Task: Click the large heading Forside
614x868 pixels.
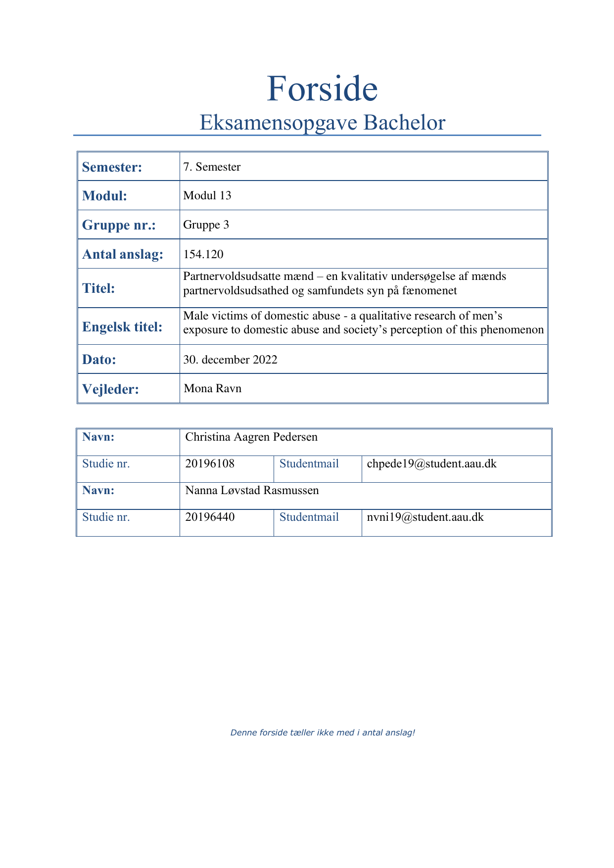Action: pyautogui.click(x=322, y=89)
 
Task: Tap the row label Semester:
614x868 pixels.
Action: pyautogui.click(x=112, y=167)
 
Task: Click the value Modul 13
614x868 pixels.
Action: pyautogui.click(x=207, y=195)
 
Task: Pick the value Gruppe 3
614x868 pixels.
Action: pyautogui.click(x=206, y=225)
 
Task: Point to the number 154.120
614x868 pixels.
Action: pyautogui.click(x=203, y=254)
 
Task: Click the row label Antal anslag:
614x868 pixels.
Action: pyautogui.click(x=123, y=254)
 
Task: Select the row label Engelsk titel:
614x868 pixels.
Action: pyautogui.click(x=122, y=327)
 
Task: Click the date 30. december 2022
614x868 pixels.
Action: pyautogui.click(x=230, y=360)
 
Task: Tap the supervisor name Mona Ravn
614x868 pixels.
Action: pyautogui.click(x=213, y=388)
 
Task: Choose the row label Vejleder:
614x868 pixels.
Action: pyautogui.click(x=110, y=389)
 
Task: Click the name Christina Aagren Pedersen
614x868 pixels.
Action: pyautogui.click(x=251, y=437)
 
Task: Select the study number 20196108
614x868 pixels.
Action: pyautogui.click(x=210, y=463)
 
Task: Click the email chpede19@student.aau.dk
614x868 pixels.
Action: pyautogui.click(x=431, y=463)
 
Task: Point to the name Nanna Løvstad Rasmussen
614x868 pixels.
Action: pyautogui.click(x=252, y=490)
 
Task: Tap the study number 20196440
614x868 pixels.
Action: pyautogui.click(x=210, y=517)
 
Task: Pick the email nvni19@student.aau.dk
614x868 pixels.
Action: pyautogui.click(x=425, y=517)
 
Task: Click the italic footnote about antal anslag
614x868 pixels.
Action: pyautogui.click(x=323, y=732)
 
